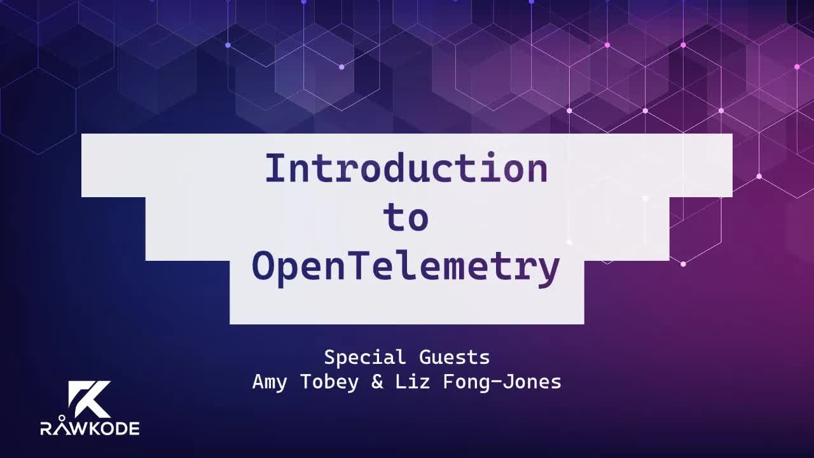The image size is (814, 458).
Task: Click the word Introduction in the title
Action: pyautogui.click(x=406, y=169)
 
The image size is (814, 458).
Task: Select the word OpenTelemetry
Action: pyautogui.click(x=406, y=267)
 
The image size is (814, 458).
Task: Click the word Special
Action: pyautogui.click(x=364, y=357)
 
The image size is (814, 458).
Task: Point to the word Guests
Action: pyautogui.click(x=455, y=357)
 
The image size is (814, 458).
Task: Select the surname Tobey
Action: pyautogui.click(x=334, y=383)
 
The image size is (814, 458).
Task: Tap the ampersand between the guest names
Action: pyautogui.click(x=377, y=383)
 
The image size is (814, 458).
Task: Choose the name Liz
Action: pyautogui.click(x=415, y=383)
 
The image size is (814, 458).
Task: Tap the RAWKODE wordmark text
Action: pyautogui.click(x=90, y=428)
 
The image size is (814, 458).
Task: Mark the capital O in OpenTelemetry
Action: pyautogui.click(x=263, y=267)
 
